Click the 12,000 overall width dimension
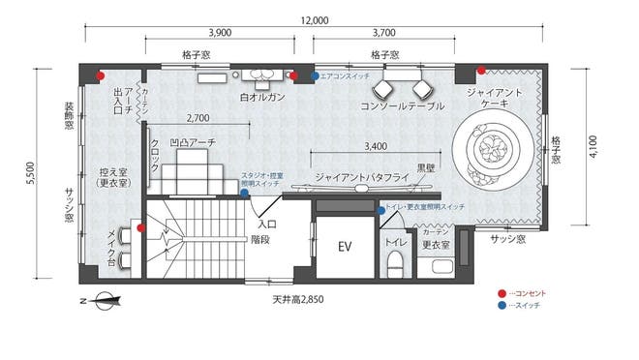click(315, 19)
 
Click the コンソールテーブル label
click(402, 105)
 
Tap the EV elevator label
click(343, 247)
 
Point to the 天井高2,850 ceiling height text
click(298, 299)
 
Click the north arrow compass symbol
click(101, 301)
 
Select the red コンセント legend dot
click(500, 292)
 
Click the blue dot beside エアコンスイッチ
click(315, 75)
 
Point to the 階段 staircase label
click(259, 237)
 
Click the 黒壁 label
click(425, 167)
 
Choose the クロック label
click(154, 155)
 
